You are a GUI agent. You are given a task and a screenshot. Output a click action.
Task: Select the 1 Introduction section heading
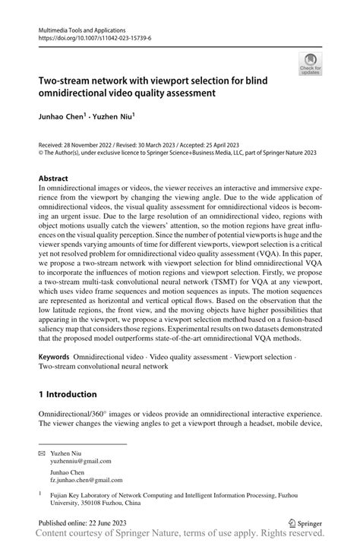[x=68, y=395]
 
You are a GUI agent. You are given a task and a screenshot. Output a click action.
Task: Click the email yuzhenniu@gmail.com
[x=81, y=460]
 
